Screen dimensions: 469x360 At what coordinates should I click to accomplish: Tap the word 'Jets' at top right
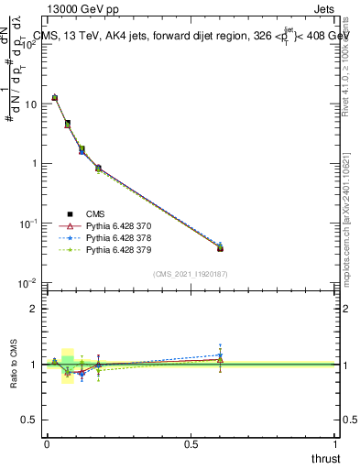coord(324,12)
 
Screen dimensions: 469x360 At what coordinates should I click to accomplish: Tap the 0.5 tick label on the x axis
coord(191,443)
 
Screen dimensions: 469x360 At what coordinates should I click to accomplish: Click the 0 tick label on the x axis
coord(47,443)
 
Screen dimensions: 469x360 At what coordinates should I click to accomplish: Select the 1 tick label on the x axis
coord(336,443)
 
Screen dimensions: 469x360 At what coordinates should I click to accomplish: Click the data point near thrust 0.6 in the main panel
coord(220,247)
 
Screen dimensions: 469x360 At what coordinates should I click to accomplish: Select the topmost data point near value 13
coord(54,97)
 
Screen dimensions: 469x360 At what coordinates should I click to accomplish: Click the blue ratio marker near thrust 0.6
coord(220,355)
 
